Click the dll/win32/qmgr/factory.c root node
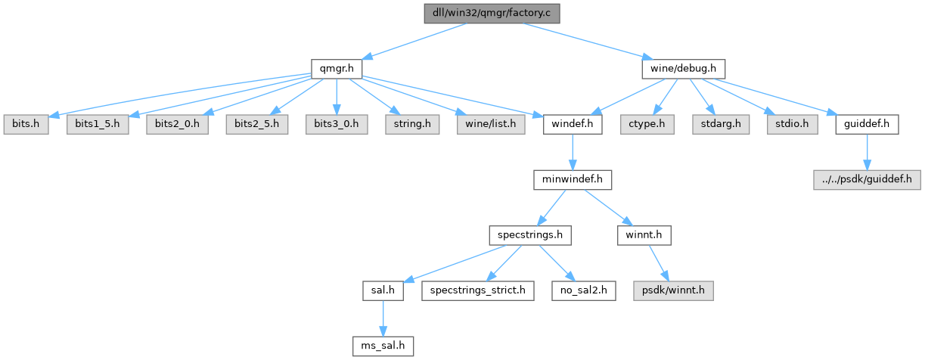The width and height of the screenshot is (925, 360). [x=492, y=13]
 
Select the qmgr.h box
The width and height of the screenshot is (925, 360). [x=337, y=69]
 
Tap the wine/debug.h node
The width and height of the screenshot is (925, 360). [x=684, y=69]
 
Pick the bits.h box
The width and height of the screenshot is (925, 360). [x=26, y=124]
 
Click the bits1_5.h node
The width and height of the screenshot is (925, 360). [x=98, y=124]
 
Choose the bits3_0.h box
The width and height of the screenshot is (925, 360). [x=337, y=124]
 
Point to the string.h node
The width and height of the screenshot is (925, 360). [x=412, y=124]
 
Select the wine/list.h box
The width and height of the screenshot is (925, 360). [x=491, y=124]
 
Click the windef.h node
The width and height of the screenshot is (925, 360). [x=573, y=124]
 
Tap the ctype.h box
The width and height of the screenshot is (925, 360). [x=647, y=124]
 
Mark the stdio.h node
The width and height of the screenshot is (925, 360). [x=792, y=124]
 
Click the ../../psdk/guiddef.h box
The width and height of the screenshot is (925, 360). [x=867, y=179]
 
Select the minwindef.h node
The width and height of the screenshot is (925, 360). [x=573, y=179]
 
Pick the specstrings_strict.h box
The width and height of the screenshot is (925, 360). [x=478, y=290]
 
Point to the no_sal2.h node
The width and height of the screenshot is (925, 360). [x=583, y=290]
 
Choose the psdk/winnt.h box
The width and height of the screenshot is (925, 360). [x=673, y=290]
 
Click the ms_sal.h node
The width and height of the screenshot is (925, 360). [x=383, y=346]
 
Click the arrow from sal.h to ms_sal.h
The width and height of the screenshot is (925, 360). [x=383, y=318]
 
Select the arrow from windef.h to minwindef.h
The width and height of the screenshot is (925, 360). [x=573, y=152]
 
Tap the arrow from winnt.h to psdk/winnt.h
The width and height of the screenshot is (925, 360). [x=659, y=263]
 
